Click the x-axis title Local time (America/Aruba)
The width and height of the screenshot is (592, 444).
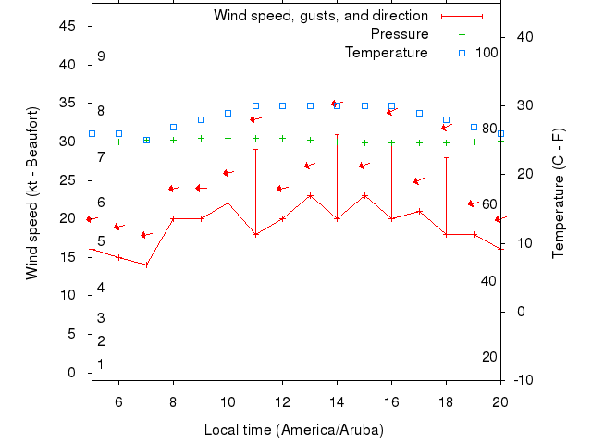[293, 430]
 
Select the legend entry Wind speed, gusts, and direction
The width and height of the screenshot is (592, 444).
[320, 16]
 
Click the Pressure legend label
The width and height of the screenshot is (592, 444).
[400, 34]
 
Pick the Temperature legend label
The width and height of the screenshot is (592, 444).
[387, 52]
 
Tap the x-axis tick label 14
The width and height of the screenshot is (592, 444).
[337, 401]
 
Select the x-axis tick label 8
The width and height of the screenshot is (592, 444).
[173, 401]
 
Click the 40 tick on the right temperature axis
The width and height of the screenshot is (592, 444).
[520, 36]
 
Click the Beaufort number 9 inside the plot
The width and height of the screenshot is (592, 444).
[101, 56]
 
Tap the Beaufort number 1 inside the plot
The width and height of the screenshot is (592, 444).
[101, 364]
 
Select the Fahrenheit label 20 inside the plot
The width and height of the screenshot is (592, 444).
[490, 357]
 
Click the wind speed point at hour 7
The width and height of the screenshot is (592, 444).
[146, 265]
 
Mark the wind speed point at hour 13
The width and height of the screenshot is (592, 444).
[310, 195]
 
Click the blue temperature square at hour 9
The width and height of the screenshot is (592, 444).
[201, 119]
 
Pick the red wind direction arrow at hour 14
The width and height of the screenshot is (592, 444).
[337, 104]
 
